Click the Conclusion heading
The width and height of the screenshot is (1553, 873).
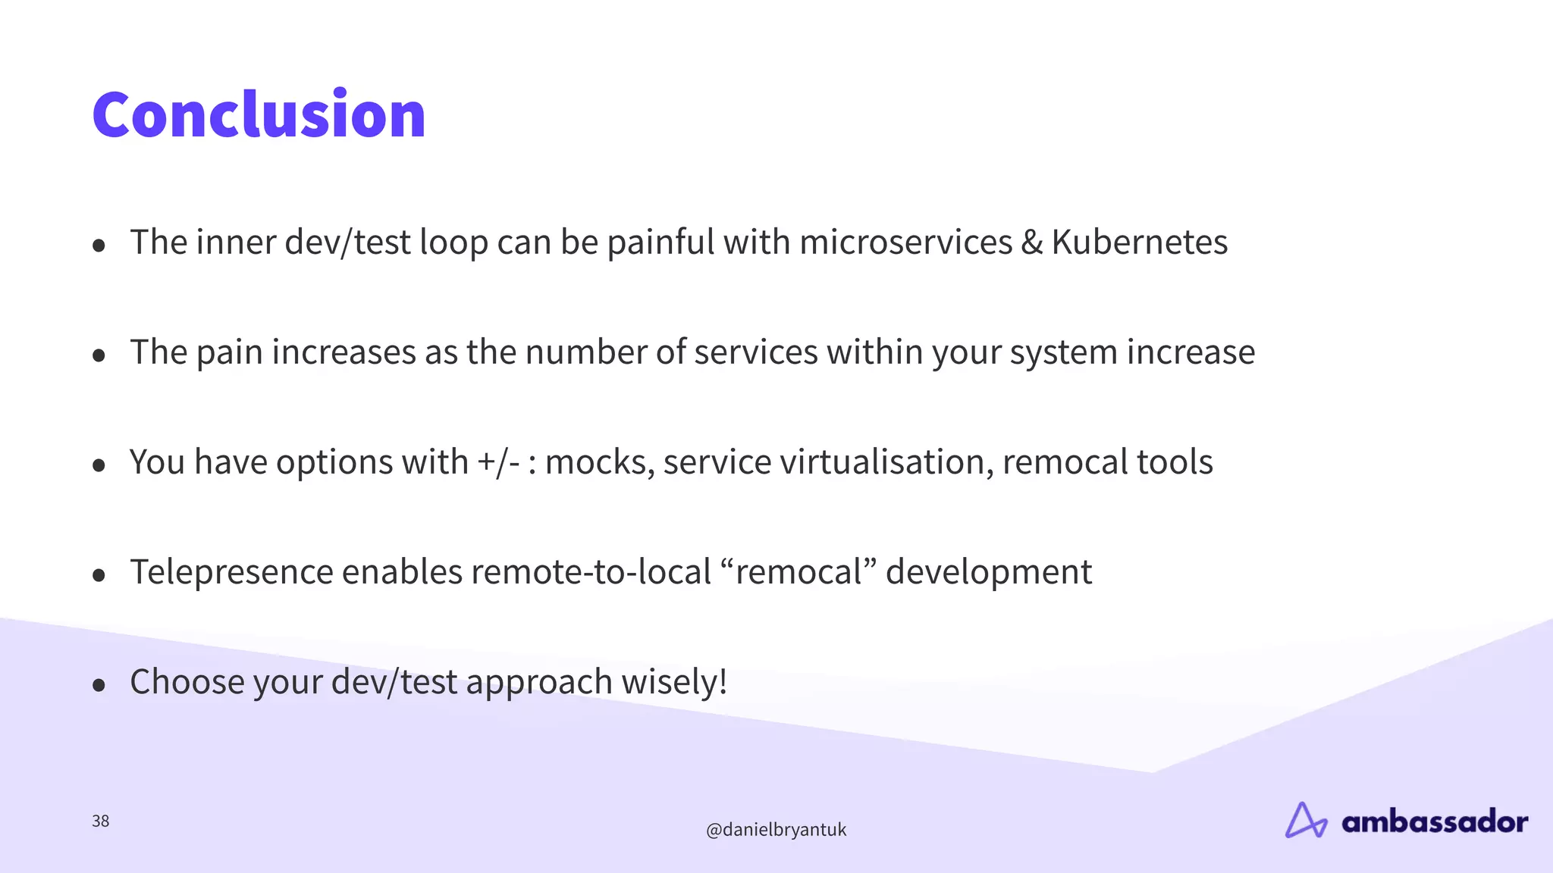point(259,114)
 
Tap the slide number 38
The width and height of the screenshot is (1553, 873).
point(100,821)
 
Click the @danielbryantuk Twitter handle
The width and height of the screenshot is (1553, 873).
point(776,830)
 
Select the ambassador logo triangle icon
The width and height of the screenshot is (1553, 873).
point(1305,821)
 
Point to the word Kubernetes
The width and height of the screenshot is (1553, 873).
point(1139,242)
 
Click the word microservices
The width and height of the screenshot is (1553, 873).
point(905,242)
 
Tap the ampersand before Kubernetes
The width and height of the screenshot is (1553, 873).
point(1031,242)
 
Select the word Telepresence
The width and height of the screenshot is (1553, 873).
point(231,572)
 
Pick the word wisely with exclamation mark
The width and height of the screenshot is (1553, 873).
point(674,682)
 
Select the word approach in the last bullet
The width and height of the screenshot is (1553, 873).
point(538,682)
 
